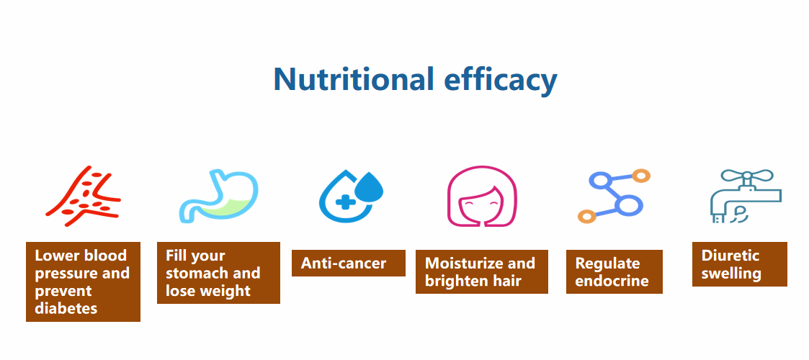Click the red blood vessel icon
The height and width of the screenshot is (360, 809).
point(83,196)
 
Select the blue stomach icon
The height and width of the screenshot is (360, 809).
point(218,197)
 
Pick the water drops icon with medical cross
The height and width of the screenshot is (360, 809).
point(351,197)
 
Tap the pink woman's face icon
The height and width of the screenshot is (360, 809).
point(482,196)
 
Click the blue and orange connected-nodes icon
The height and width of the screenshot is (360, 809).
point(614,196)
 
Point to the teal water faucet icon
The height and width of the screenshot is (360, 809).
point(746,196)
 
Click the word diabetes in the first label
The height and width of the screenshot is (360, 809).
point(66,308)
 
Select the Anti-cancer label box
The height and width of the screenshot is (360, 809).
point(349,263)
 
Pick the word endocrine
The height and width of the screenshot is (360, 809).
point(612,281)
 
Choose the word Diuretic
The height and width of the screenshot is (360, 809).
point(730,256)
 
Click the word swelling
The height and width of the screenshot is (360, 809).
point(731,274)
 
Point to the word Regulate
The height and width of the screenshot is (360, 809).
point(608,264)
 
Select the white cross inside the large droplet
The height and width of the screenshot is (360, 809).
point(343,202)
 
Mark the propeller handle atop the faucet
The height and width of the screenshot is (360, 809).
point(747,176)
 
